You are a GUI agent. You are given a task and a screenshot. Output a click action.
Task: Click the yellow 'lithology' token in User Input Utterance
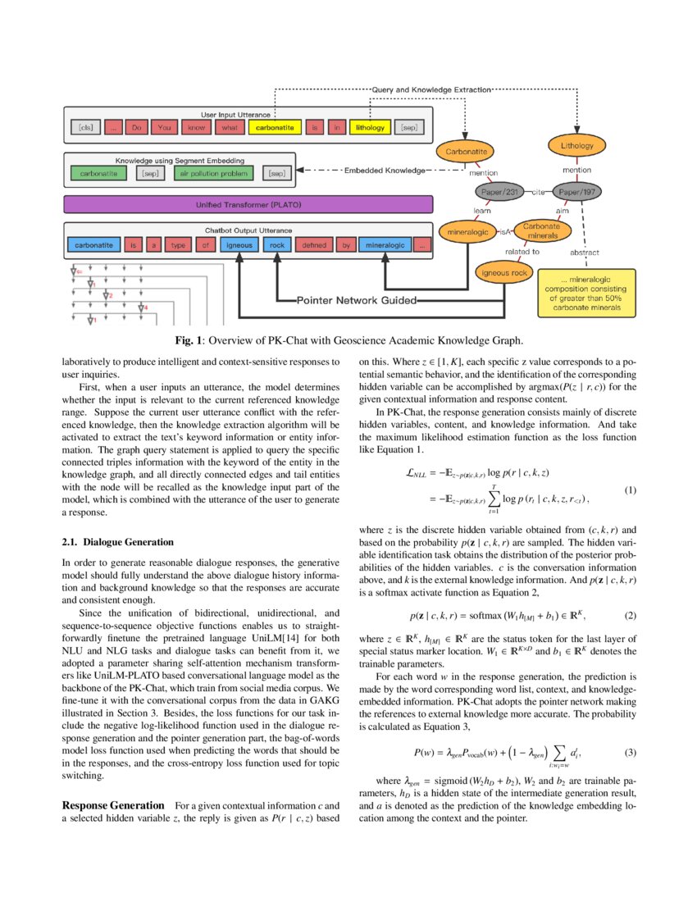(369, 128)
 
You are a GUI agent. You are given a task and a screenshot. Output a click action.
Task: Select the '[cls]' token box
(85, 128)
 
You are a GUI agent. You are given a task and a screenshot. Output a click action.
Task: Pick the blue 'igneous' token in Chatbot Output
(239, 244)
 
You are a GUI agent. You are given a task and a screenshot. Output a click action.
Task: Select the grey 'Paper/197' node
(577, 194)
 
